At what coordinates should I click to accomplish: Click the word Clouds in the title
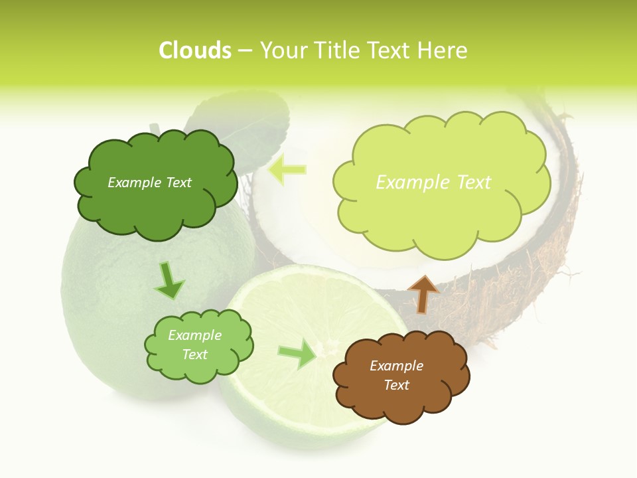(x=195, y=50)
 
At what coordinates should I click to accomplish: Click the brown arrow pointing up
(x=423, y=293)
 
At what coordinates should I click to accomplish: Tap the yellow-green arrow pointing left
(x=287, y=170)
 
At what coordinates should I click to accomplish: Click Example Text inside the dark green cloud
(x=149, y=183)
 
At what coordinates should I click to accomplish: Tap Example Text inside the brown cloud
(x=396, y=375)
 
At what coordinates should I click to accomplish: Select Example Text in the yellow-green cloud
(x=433, y=182)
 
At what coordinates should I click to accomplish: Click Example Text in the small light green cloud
(x=194, y=345)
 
